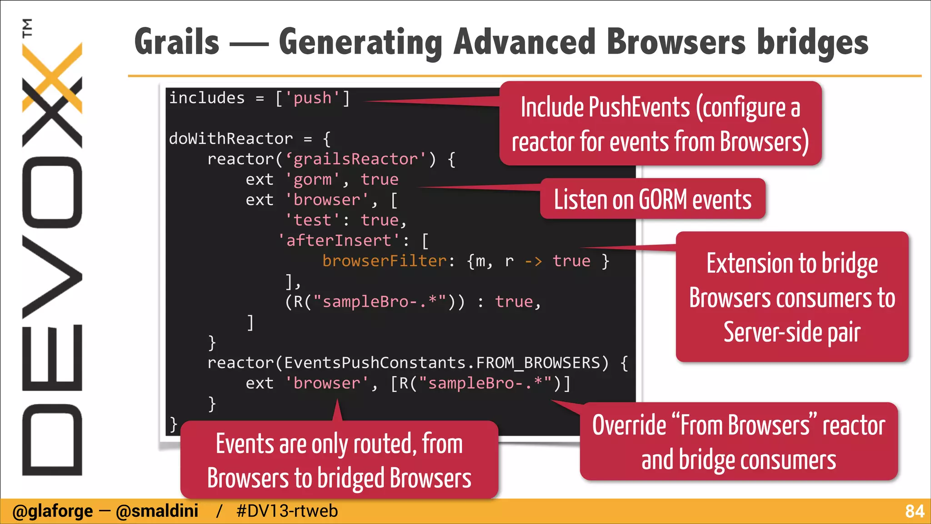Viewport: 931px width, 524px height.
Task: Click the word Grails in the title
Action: [177, 42]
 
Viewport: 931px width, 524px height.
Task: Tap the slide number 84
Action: [914, 511]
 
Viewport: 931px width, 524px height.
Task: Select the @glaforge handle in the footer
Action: [52, 511]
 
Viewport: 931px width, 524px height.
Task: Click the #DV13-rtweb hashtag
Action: [287, 511]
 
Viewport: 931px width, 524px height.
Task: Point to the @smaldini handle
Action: [157, 511]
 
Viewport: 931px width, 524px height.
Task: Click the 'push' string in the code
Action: [312, 98]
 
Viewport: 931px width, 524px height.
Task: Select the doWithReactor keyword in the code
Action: [230, 139]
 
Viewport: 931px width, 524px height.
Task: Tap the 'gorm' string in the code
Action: [312, 180]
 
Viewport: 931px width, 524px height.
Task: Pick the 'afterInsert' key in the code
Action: [339, 241]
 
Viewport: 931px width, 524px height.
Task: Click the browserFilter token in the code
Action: [385, 261]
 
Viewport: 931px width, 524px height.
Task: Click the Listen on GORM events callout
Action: [652, 199]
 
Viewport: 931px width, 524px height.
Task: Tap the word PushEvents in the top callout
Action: [639, 107]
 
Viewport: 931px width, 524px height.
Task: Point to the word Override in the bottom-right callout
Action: [629, 425]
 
